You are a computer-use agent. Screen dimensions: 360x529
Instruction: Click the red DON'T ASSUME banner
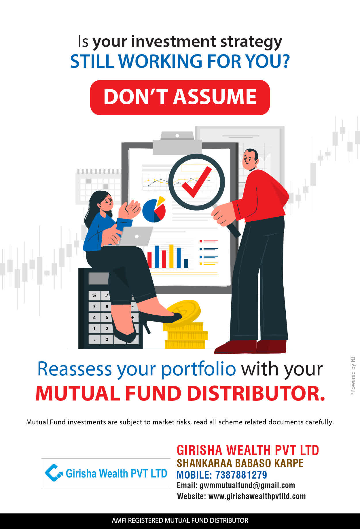[180, 97]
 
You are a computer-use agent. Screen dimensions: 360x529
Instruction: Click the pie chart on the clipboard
[154, 210]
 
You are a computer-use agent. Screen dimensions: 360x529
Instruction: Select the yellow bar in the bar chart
[171, 256]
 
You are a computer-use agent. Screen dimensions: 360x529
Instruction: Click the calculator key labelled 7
[94, 306]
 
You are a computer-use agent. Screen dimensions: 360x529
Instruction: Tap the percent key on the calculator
[94, 296]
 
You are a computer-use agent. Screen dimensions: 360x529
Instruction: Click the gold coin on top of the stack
[183, 311]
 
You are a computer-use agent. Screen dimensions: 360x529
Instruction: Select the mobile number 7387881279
[241, 475]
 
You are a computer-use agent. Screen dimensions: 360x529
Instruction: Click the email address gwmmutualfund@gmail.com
[247, 485]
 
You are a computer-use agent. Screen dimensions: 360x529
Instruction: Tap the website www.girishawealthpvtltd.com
[257, 496]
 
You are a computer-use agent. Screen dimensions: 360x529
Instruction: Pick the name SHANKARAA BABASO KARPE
[240, 463]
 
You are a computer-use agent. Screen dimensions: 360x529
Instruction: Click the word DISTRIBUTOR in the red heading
[256, 394]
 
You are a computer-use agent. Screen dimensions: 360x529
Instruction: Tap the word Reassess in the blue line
[75, 369]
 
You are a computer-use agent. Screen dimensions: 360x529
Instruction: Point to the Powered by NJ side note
[353, 376]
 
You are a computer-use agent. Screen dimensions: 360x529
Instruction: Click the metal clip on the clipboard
[177, 143]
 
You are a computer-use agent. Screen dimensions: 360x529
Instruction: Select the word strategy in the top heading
[251, 42]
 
